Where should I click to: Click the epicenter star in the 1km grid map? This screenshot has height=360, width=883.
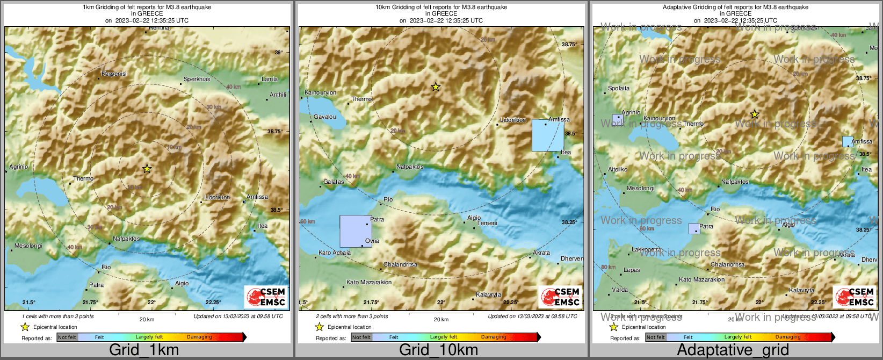[147, 169]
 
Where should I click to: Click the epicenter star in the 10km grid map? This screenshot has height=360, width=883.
[436, 87]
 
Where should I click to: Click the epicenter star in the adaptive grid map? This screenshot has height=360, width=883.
[755, 114]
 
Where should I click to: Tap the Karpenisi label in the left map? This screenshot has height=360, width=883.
[114, 74]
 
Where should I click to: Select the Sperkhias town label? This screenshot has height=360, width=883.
[197, 79]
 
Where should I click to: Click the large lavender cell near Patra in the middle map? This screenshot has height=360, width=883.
[356, 231]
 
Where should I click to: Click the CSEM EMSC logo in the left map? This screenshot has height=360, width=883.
[266, 297]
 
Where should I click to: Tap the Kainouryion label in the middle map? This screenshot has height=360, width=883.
[321, 92]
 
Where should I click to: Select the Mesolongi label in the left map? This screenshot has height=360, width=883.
[28, 246]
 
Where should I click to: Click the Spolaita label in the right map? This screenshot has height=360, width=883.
[619, 88]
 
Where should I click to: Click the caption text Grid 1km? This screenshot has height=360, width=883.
[144, 350]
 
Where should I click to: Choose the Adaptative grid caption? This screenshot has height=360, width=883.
[733, 350]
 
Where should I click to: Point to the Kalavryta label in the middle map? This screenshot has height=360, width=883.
[488, 294]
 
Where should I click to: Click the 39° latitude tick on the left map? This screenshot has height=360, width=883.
[278, 52]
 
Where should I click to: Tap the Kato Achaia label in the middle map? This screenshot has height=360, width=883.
[335, 253]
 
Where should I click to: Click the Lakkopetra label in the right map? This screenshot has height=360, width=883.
[647, 249]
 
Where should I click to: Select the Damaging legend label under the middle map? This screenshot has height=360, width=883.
[494, 337]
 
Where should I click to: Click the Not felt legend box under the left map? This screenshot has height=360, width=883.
[67, 337]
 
